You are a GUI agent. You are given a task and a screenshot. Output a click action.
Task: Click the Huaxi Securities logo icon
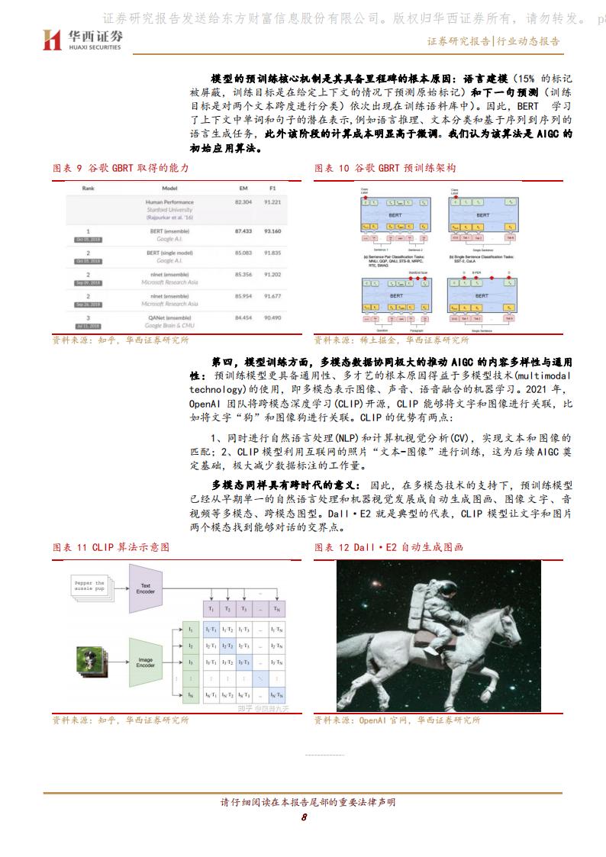[x=51, y=40]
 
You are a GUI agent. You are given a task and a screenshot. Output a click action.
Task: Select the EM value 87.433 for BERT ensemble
[x=243, y=230]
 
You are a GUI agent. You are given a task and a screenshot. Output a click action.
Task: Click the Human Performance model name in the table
[x=169, y=201]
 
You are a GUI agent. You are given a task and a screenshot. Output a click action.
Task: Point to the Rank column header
[x=88, y=187]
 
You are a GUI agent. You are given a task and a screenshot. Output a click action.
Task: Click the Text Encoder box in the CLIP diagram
[x=145, y=588]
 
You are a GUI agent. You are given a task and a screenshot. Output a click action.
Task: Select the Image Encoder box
[x=145, y=661]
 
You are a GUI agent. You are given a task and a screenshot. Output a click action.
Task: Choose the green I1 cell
[x=190, y=629]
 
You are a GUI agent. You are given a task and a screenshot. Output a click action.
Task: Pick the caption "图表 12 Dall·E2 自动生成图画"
[x=388, y=547]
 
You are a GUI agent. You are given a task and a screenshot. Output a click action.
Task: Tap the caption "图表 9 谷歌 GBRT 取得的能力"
[x=120, y=167]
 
